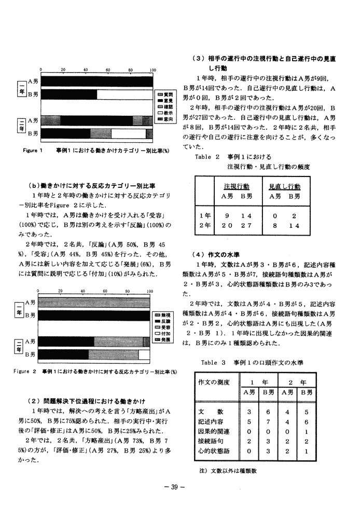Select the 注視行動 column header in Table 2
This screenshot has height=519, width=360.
(236, 186)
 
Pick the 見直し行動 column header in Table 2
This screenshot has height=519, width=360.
(284, 186)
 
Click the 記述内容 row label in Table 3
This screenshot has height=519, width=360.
(211, 421)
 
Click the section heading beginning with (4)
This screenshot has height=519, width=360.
(215, 254)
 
